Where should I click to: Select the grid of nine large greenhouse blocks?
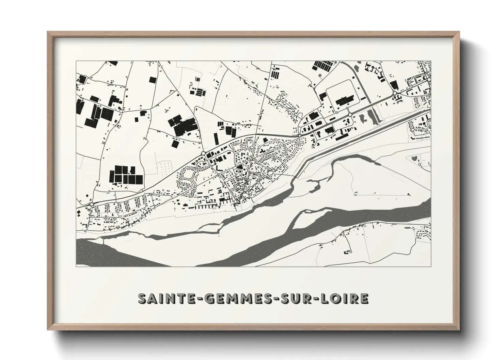tap(125, 175)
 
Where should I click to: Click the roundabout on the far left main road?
tap(92, 204)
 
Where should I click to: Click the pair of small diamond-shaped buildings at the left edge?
tap(79, 213)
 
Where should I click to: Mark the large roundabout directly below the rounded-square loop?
tap(349, 115)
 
